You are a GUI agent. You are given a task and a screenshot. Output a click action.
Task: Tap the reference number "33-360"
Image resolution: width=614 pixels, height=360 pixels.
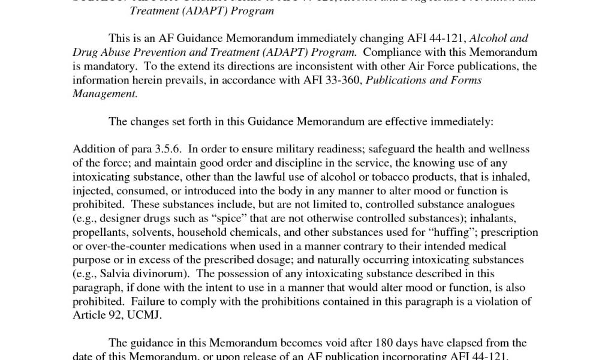[x=338, y=80]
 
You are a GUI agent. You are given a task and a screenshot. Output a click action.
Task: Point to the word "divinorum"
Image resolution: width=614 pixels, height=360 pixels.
[x=162, y=274]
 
